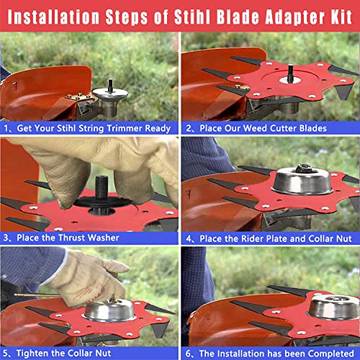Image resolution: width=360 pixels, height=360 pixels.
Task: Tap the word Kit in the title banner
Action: coord(341,17)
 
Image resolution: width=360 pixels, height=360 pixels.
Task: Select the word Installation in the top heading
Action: coord(53,17)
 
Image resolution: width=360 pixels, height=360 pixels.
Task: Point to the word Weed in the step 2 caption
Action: coord(254,128)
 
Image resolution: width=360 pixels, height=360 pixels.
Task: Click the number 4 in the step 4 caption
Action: coord(189,239)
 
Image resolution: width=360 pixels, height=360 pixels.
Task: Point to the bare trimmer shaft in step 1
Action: coord(110,85)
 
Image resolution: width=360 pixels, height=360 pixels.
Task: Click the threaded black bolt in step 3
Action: coord(102,187)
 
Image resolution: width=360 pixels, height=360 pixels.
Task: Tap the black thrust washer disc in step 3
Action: coord(103,202)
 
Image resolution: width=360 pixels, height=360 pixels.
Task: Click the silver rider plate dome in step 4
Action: coord(302,181)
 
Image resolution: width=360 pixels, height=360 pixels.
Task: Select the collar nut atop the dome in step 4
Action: coord(303,168)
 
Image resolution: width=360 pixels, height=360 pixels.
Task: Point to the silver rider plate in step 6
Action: coord(333,307)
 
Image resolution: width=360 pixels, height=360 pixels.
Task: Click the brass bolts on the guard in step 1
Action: coord(78,96)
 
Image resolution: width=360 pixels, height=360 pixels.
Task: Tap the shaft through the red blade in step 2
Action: coord(290,73)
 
